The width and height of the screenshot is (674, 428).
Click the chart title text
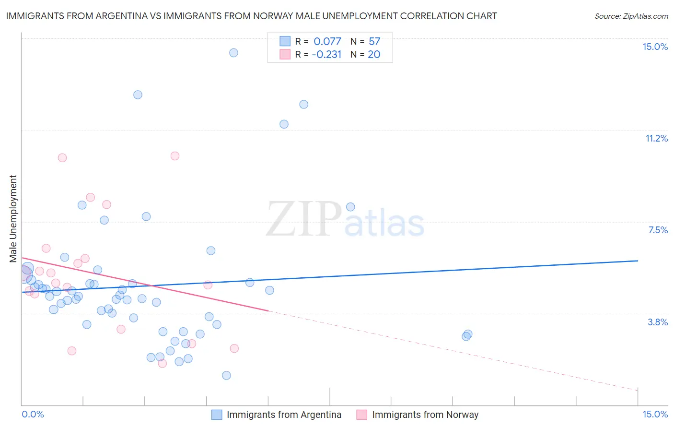click(251, 16)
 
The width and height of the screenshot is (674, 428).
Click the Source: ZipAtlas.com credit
click(631, 16)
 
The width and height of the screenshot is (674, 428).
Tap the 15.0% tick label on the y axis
click(655, 47)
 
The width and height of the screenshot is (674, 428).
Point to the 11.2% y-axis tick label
click(656, 139)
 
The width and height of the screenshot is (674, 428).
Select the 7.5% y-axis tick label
click(658, 230)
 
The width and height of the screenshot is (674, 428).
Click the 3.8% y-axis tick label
click(658, 322)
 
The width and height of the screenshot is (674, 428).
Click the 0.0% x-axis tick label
click(33, 414)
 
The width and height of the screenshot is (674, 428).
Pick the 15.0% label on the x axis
click(655, 414)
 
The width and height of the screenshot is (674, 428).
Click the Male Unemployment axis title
click(13, 219)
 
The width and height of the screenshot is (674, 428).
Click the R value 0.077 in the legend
click(327, 42)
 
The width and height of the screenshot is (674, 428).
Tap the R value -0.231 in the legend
click(326, 55)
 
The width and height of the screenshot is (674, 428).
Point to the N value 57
click(374, 42)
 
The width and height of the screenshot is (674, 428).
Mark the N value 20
click(374, 55)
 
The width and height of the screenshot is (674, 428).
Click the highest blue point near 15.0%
click(233, 53)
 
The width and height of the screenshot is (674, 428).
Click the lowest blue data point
click(226, 375)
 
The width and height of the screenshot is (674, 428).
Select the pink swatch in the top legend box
click(285, 54)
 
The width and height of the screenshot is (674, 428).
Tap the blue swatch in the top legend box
click(285, 41)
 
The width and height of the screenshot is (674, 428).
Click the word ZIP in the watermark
click(303, 219)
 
